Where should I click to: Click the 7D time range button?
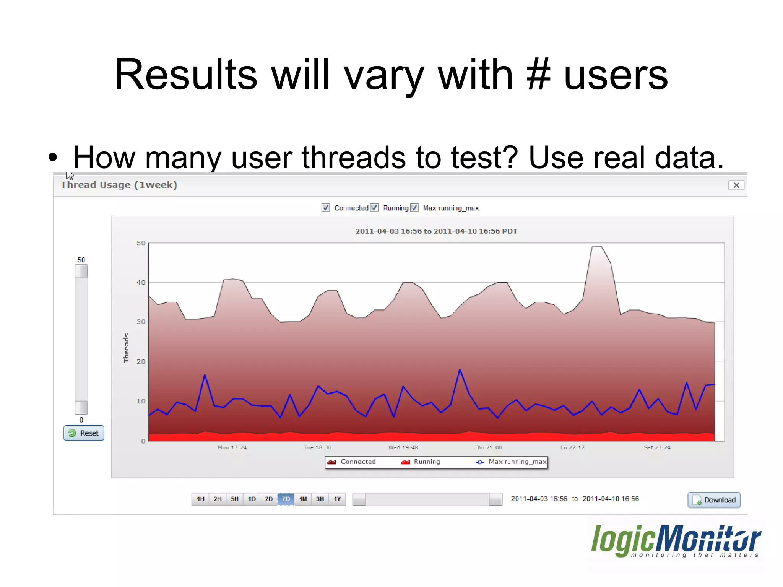(x=286, y=499)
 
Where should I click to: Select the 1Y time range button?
(x=337, y=499)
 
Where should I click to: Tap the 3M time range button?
(x=320, y=499)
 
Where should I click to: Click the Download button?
(x=714, y=500)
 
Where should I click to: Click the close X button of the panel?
(x=736, y=185)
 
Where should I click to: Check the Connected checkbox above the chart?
(x=325, y=208)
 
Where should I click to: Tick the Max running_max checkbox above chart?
(x=414, y=208)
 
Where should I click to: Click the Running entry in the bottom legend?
(x=421, y=462)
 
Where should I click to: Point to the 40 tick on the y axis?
(x=141, y=283)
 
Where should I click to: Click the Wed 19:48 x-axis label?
(x=403, y=447)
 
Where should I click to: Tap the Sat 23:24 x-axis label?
(x=657, y=447)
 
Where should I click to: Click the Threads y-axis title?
(x=126, y=348)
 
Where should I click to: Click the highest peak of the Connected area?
(x=597, y=247)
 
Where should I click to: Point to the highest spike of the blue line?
(x=460, y=370)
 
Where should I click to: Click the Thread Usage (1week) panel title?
(x=119, y=185)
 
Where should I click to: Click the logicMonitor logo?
(x=676, y=541)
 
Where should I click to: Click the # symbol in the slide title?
(x=538, y=74)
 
